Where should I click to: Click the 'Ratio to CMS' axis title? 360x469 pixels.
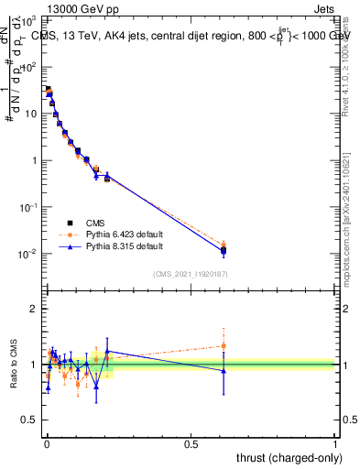[15, 364]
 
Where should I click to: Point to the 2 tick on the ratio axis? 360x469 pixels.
[35, 309]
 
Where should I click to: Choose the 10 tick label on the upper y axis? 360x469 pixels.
[30, 114]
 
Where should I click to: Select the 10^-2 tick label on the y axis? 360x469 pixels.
[30, 254]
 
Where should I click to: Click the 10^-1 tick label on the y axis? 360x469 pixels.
[30, 207]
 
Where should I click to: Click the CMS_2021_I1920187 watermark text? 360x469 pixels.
[190, 274]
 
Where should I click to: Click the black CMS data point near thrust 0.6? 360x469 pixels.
[224, 249]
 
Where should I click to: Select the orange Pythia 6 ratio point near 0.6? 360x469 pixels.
[224, 345]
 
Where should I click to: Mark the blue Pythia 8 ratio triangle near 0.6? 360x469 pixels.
[224, 370]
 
